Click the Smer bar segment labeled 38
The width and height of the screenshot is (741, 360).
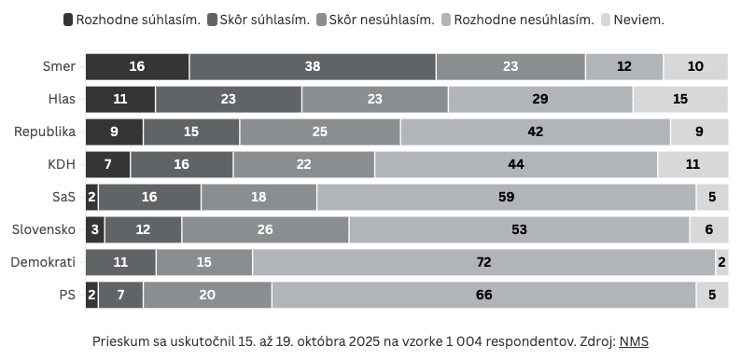pyautogui.click(x=313, y=67)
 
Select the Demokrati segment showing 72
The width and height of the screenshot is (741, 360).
pyautogui.click(x=483, y=262)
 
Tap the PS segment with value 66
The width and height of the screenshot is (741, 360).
pyautogui.click(x=483, y=295)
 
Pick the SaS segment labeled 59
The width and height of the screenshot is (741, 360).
pyautogui.click(x=506, y=197)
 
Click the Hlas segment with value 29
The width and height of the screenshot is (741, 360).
pyautogui.click(x=540, y=100)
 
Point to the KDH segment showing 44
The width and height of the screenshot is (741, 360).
pyautogui.click(x=516, y=164)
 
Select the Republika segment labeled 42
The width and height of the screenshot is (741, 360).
pyautogui.click(x=535, y=132)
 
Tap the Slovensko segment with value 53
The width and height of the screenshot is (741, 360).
pyautogui.click(x=519, y=229)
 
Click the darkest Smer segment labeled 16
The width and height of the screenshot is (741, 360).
pyautogui.click(x=137, y=67)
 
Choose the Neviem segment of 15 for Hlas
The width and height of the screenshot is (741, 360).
pyautogui.click(x=679, y=100)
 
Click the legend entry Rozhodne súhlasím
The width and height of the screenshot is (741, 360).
pyautogui.click(x=132, y=19)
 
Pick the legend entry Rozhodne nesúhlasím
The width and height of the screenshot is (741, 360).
pyautogui.click(x=515, y=19)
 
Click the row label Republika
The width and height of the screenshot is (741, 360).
pyautogui.click(x=44, y=132)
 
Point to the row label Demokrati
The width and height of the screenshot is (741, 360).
pyautogui.click(x=43, y=262)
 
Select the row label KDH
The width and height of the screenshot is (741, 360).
pyautogui.click(x=61, y=164)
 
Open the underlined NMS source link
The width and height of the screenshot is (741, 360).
pyautogui.click(x=634, y=341)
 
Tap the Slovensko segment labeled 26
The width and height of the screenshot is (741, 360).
pyautogui.click(x=265, y=229)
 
